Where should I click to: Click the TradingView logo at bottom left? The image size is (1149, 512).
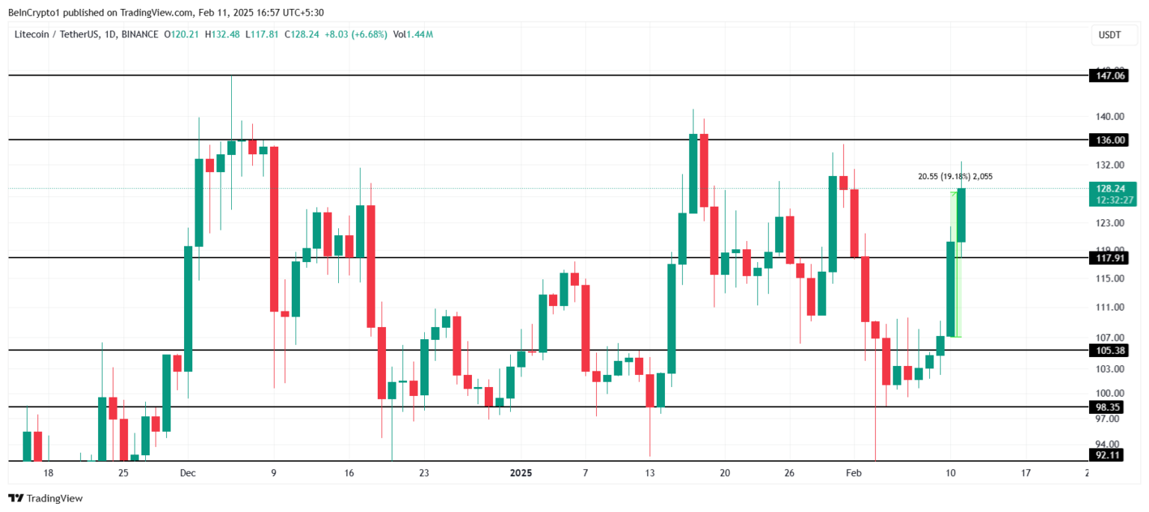tap(46, 498)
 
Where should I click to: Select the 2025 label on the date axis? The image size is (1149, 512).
tap(521, 473)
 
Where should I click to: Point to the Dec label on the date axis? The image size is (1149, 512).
tap(188, 473)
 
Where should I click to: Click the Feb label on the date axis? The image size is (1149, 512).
tap(853, 473)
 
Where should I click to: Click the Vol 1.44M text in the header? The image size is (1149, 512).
tap(414, 34)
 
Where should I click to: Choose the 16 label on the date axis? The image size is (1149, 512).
tap(349, 473)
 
